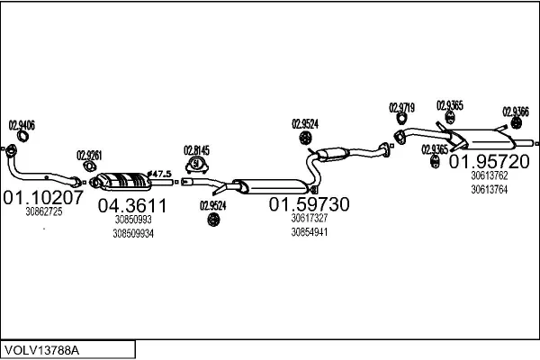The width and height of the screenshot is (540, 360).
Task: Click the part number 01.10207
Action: pyautogui.click(x=44, y=196)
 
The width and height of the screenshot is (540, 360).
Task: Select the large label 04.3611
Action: pyautogui.click(x=131, y=204)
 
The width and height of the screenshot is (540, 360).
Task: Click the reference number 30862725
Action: pyautogui.click(x=44, y=212)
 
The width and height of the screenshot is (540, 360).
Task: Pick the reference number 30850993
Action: pyautogui.click(x=132, y=219)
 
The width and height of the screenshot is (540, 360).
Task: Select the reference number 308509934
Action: pyautogui.click(x=133, y=233)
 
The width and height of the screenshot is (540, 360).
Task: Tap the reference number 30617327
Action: pyautogui.click(x=309, y=218)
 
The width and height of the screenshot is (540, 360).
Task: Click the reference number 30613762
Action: pyautogui.click(x=489, y=175)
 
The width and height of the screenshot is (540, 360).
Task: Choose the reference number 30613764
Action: pyautogui.click(x=489, y=189)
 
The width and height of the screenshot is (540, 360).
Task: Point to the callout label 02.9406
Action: pyautogui.click(x=22, y=125)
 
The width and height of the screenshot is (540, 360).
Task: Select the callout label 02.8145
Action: pyautogui.click(x=196, y=149)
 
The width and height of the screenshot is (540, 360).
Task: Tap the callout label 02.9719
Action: pyautogui.click(x=401, y=107)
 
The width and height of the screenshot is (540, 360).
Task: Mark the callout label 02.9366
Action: pyautogui.click(x=516, y=112)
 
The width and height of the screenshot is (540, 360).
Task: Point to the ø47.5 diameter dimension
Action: pyautogui.click(x=158, y=172)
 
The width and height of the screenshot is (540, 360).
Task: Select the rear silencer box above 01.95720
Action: pyautogui.click(x=487, y=140)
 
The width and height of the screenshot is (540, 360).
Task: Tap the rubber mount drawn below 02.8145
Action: pyautogui.click(x=196, y=166)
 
